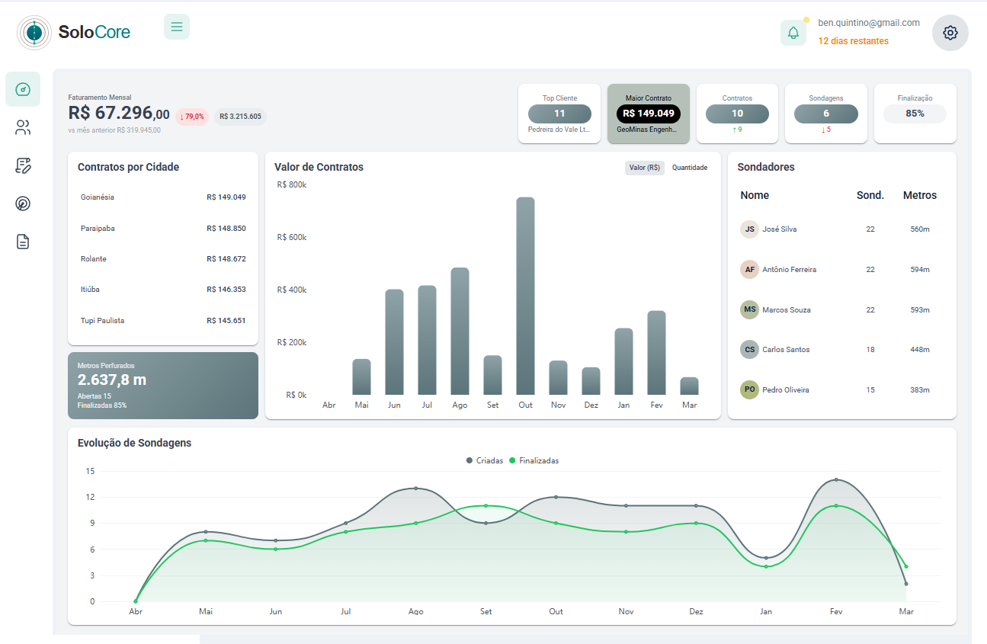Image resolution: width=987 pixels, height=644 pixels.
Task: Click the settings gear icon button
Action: coord(950,33)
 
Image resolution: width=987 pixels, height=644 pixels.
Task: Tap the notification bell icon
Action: coord(793,33)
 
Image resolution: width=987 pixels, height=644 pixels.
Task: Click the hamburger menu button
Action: coord(177,27)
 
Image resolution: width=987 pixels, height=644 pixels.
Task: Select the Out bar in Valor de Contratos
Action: coord(525,296)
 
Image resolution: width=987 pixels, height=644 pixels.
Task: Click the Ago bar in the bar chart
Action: coord(460,331)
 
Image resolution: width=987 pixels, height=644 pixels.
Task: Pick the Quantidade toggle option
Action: coord(689,168)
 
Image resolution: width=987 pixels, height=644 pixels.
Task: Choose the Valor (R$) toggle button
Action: coord(645,168)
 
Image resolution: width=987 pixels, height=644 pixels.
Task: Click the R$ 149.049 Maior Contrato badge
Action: coord(648,114)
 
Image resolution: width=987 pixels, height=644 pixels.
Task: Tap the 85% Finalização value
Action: coord(915,114)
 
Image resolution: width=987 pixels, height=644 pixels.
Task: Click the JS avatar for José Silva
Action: coord(749,229)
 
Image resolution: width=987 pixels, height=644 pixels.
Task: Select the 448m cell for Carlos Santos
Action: coord(919,350)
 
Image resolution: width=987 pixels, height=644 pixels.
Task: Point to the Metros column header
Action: coord(919,195)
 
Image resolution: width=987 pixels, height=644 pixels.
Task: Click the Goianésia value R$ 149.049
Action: coord(226,197)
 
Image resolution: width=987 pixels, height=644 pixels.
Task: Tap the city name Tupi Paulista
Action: coord(102,321)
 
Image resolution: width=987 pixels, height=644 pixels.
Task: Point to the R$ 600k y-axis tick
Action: coord(292,237)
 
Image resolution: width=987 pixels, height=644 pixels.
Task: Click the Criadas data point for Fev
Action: coord(836,480)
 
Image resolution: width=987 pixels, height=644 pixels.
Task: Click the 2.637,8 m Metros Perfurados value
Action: coord(112,380)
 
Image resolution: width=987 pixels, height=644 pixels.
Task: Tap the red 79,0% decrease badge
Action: coord(192,117)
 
